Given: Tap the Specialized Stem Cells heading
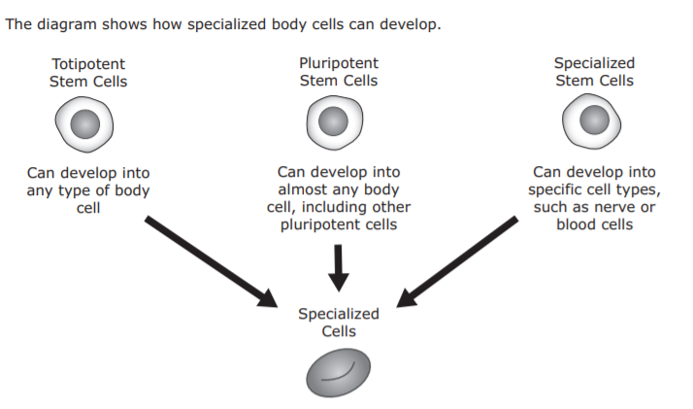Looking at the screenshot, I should (594, 72).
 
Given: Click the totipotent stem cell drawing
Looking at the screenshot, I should (85, 123).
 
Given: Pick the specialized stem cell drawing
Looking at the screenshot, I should (593, 120).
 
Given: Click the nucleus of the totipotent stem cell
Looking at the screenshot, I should (86, 124).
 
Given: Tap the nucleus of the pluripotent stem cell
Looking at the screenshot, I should (336, 121).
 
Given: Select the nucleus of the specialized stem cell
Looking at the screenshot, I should (593, 120).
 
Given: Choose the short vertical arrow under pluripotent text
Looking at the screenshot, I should (338, 267).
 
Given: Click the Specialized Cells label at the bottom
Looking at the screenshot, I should (338, 323).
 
